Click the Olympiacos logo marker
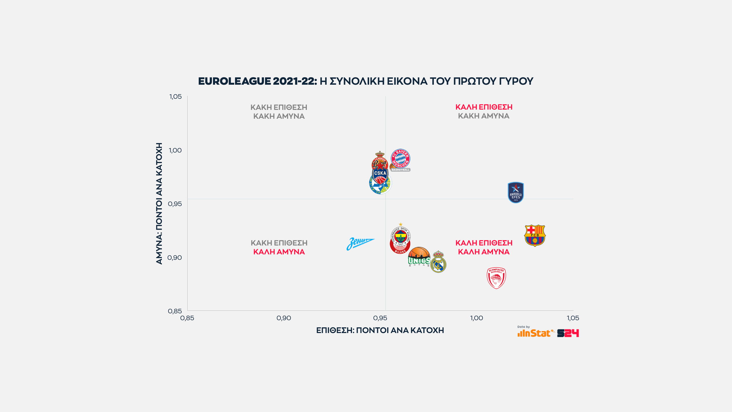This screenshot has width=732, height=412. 496,278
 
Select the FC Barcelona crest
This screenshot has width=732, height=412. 535,235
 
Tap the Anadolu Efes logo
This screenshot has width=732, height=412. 516,193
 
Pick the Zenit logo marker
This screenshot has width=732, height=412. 360,243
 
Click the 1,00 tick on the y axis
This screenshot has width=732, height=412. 175,150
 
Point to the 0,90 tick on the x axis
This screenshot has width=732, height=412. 284,318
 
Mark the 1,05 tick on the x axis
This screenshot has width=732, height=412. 573,318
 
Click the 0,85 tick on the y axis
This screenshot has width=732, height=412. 175,311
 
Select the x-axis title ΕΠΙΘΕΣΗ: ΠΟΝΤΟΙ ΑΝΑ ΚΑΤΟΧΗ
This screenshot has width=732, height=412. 380,330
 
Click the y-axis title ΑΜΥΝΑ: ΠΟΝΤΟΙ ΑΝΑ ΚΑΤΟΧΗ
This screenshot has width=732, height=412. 159,203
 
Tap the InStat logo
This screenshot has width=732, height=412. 534,333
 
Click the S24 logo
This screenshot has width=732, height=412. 568,333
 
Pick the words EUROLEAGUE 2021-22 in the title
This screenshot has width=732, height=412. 257,81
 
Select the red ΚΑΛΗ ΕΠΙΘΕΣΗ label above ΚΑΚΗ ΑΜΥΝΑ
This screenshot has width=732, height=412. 484,107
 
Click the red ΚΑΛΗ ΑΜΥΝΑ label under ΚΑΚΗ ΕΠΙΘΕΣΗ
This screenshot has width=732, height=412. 279,252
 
